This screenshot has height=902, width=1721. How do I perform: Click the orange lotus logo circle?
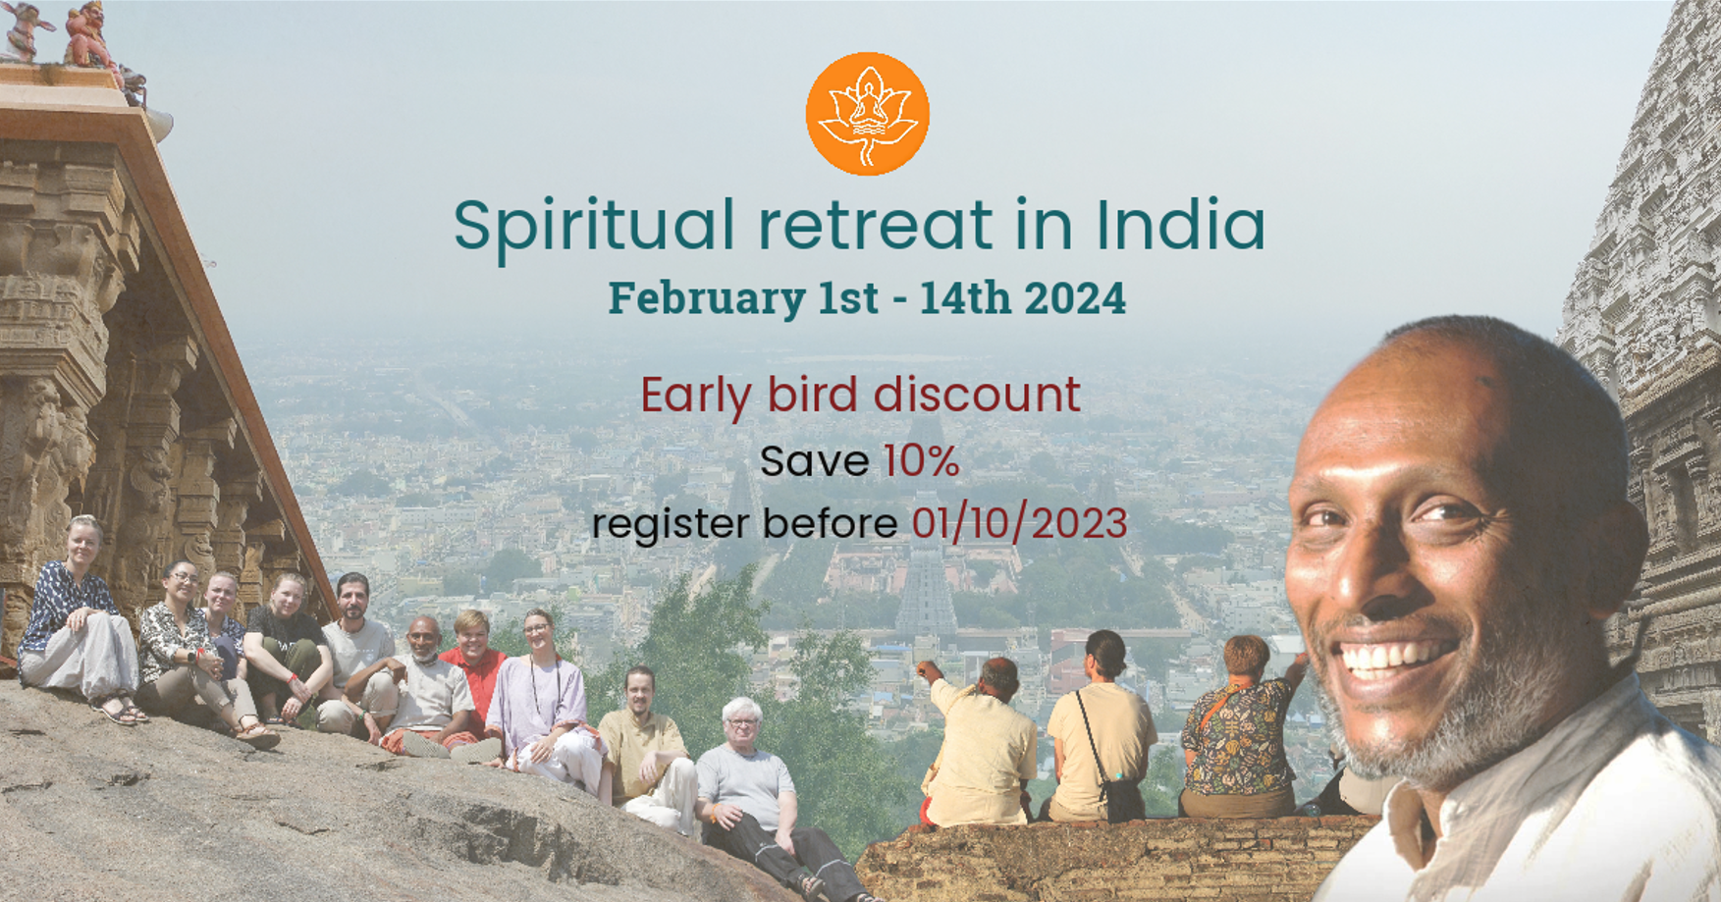click(x=867, y=114)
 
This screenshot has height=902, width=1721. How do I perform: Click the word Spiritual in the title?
click(x=594, y=227)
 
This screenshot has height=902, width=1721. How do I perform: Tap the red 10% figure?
click(x=921, y=460)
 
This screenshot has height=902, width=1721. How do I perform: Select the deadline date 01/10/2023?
click(x=1019, y=523)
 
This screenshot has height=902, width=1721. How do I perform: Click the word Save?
click(x=814, y=461)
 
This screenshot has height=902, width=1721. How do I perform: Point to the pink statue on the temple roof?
click(x=88, y=35)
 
